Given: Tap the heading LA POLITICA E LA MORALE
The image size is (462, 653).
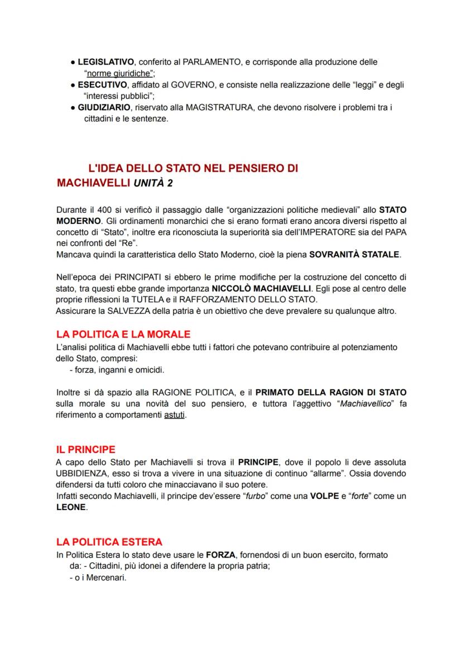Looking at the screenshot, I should point(123,335).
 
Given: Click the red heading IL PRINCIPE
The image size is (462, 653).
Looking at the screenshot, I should point(86,449).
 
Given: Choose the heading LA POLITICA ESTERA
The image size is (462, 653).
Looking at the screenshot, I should point(109,542).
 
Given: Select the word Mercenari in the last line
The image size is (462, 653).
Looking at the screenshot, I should point(107,578).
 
